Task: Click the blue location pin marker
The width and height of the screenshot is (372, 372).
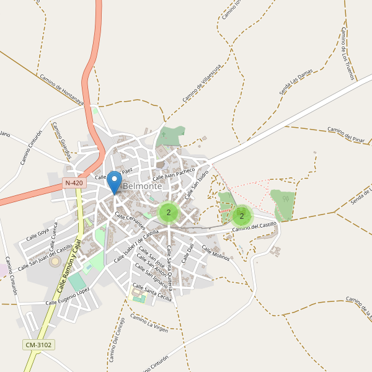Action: tap(114, 182)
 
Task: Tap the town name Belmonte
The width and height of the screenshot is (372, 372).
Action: tap(142, 186)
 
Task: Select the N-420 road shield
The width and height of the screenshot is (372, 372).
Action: tap(74, 184)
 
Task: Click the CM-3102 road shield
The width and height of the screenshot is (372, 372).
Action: tap(38, 345)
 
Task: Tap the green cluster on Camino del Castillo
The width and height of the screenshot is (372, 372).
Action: tap(242, 215)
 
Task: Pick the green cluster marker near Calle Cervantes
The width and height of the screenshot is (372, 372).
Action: tap(169, 212)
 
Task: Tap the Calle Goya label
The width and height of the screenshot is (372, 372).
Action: tap(38, 235)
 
